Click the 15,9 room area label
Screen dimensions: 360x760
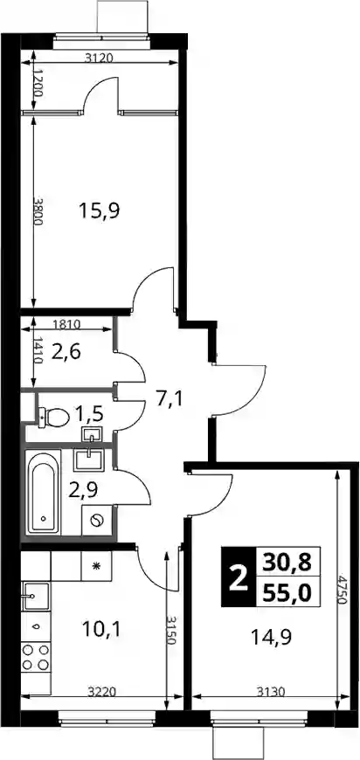click(100, 211)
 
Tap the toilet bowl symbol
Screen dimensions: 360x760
click(53, 417)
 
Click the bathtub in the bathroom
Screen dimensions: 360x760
click(44, 492)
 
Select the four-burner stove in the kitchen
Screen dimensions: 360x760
click(36, 657)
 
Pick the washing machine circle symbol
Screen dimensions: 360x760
click(97, 521)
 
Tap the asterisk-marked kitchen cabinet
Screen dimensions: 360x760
click(96, 566)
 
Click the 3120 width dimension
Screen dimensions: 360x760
click(99, 59)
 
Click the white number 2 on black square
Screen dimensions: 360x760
click(238, 577)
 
